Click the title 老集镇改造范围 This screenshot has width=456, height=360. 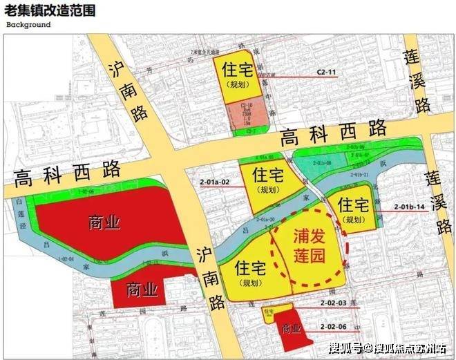click(x=50, y=10)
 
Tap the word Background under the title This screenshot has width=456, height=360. click(x=28, y=25)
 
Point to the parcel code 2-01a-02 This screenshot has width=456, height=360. click(x=213, y=182)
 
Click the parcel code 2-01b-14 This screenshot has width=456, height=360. click(x=409, y=207)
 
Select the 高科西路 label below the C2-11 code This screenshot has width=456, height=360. click(x=333, y=132)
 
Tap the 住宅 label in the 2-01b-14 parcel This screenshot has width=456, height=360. click(x=353, y=205)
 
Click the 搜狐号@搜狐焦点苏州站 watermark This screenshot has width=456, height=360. click(x=388, y=347)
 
